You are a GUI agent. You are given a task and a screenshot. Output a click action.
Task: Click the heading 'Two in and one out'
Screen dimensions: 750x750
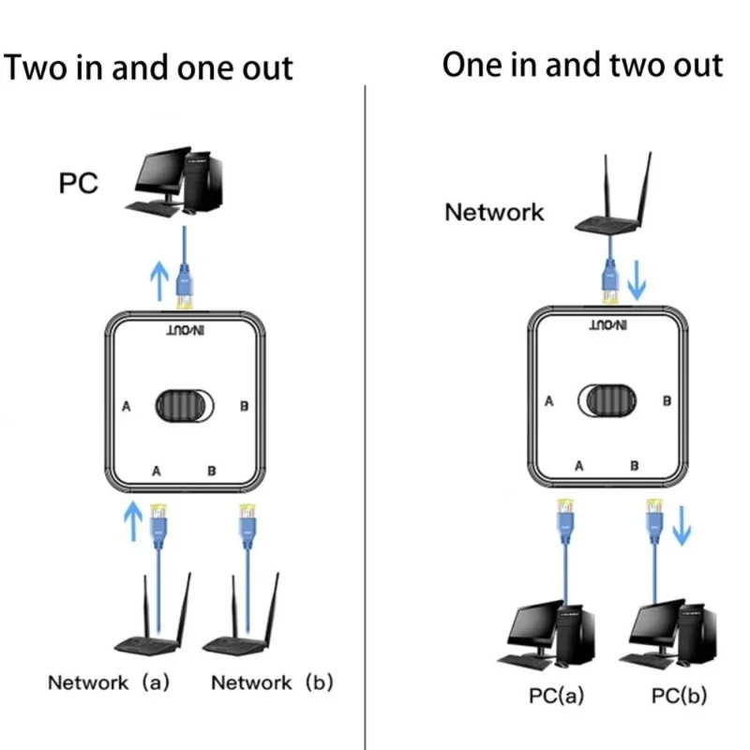149,68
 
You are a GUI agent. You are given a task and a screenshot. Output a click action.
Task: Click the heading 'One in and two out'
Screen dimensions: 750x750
582,65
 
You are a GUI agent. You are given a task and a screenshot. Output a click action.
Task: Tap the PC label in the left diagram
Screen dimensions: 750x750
78,182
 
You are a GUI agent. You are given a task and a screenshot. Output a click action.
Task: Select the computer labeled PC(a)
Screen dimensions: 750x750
552,634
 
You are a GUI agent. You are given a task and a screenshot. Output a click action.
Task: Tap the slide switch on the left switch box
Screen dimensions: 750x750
184,406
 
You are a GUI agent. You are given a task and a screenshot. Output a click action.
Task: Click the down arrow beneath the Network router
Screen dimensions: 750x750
637,280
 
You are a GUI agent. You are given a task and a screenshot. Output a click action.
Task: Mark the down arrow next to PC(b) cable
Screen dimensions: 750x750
682,527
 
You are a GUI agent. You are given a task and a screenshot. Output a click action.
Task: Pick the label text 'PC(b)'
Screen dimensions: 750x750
681,697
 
